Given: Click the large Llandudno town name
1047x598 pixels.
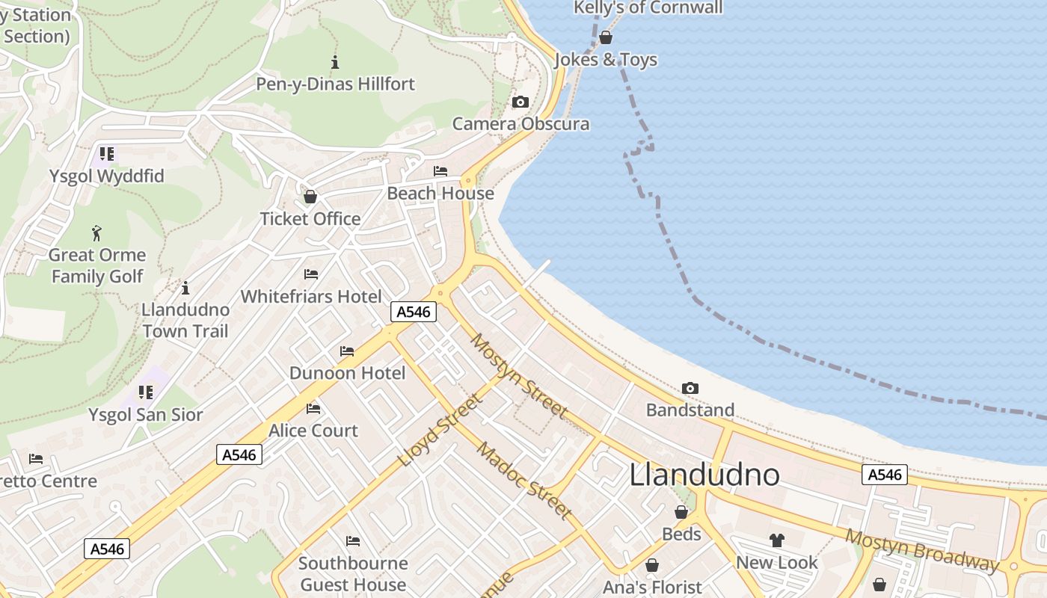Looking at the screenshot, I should coord(704,475).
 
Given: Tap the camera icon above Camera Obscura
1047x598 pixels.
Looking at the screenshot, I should coord(520,102).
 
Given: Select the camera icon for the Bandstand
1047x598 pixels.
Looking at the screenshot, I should coord(690,388).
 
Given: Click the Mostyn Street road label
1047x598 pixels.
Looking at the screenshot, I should coord(518,376).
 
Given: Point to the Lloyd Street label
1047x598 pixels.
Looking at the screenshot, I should coord(440,431).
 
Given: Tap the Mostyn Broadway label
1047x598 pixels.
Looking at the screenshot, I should coord(921,550).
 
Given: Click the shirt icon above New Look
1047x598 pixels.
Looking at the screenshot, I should coord(776,540).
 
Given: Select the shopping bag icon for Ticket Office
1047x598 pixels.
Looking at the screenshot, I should coord(310,197).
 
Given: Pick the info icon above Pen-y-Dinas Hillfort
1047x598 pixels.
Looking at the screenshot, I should coord(334,62).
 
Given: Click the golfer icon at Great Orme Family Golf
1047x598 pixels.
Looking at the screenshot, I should coord(96,233).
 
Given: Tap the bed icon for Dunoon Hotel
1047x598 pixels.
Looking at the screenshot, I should coord(346,351).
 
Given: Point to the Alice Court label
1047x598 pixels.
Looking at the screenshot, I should coord(313,431).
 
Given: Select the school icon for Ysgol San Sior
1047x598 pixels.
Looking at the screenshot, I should coord(145,392).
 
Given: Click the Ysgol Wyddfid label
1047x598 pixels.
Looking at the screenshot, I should coord(106,176).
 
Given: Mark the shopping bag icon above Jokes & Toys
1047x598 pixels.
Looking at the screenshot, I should coord(606,37).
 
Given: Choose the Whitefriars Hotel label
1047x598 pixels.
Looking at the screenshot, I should coord(311,297).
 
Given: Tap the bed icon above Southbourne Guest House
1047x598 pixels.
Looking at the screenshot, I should coord(352,541).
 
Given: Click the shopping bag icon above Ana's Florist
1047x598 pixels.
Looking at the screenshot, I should coord(652,565).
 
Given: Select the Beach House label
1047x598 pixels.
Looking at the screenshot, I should coord(440,194).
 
